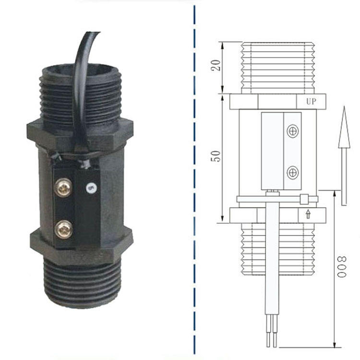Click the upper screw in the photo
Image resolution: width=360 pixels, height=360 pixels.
(x=63, y=188)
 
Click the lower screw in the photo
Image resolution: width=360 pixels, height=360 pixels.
(x=63, y=229)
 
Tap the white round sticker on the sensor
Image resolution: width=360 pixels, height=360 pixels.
(x=91, y=188)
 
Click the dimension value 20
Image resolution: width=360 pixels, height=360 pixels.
(x=216, y=65)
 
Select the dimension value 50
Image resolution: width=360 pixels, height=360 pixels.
(x=216, y=156)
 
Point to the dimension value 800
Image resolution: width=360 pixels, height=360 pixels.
(x=342, y=266)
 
